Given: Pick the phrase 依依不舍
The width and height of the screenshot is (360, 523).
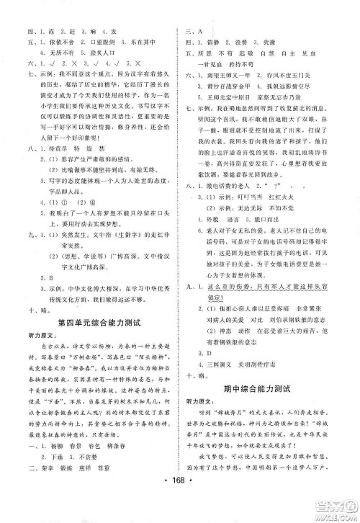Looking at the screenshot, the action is (45, 55).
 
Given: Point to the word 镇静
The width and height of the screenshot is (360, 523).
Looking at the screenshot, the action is (210, 43).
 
